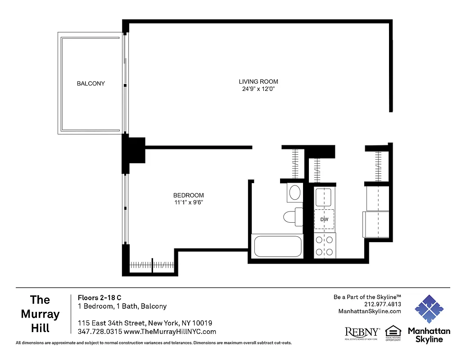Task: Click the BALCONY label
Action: (x=90, y=83)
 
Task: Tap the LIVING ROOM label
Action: (x=258, y=81)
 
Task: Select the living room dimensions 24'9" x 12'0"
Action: (x=258, y=89)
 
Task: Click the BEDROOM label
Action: (x=188, y=195)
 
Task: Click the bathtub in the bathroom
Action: (x=277, y=246)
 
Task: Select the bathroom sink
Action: (x=294, y=193)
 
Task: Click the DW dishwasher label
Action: (x=324, y=220)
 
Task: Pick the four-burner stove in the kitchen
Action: (x=325, y=246)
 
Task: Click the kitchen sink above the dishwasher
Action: (x=323, y=197)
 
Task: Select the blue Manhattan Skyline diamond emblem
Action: (x=429, y=309)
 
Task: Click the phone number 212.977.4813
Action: (x=383, y=304)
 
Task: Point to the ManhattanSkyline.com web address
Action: (x=369, y=311)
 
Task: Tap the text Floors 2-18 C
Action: (x=100, y=297)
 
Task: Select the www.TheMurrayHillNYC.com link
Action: (x=170, y=332)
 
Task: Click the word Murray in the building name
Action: (x=40, y=314)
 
